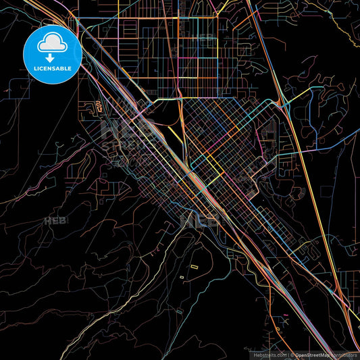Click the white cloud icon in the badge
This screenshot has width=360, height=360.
[52, 43]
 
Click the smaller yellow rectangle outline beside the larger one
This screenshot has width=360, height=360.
[182, 276]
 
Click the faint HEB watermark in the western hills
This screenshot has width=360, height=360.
[54, 220]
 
